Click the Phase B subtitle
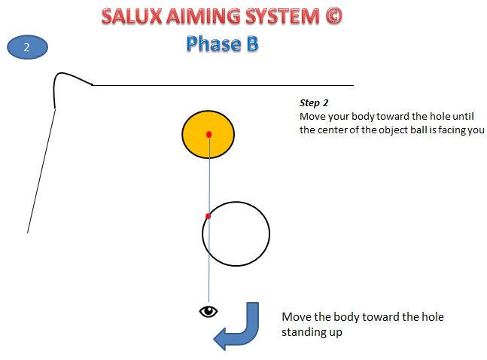[x=222, y=44]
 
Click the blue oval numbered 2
[x=27, y=47]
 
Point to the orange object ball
[x=197, y=143]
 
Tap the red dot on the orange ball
[x=208, y=134]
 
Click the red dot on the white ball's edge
[x=208, y=216]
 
